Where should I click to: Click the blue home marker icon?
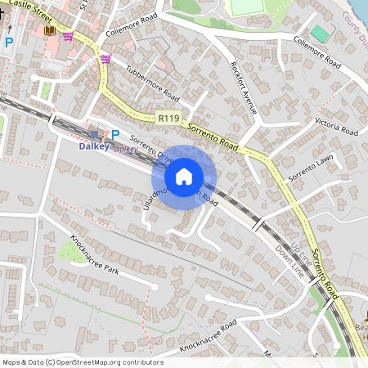pyautogui.click(x=184, y=176)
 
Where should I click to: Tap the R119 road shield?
pyautogui.click(x=168, y=118)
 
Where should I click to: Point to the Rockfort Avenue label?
pyautogui.click(x=244, y=88)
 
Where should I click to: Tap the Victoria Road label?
pyautogui.click(x=337, y=126)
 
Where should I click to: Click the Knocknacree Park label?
pyautogui.click(x=95, y=256)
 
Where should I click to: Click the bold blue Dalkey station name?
pyautogui.click(x=93, y=147)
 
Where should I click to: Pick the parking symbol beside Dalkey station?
pyautogui.click(x=115, y=134)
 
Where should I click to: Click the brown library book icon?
pyautogui.click(x=50, y=30)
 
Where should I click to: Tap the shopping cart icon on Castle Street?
pyautogui.click(x=67, y=36)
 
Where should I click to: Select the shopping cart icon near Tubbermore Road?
pyautogui.click(x=105, y=59)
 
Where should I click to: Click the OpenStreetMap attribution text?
pyautogui.click(x=83, y=362)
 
